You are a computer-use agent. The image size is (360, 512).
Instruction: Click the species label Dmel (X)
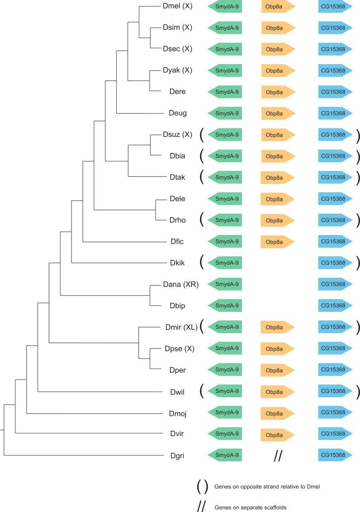click(x=178, y=6)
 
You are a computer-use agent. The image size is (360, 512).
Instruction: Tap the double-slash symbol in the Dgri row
click(x=278, y=456)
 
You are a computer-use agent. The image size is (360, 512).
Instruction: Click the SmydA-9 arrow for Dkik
click(x=225, y=263)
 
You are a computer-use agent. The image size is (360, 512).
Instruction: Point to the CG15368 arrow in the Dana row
click(x=335, y=284)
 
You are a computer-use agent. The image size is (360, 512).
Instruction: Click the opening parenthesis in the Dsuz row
click(x=202, y=135)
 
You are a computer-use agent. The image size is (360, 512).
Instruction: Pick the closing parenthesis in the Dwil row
click(x=358, y=391)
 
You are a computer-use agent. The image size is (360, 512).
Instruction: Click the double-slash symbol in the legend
click(x=201, y=507)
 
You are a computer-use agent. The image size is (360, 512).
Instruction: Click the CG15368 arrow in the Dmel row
click(x=335, y=6)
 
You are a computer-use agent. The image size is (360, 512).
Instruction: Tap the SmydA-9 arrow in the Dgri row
click(x=225, y=456)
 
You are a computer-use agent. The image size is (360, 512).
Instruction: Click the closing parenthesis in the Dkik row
click(x=358, y=263)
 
